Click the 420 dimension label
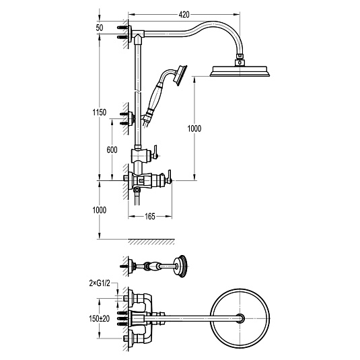184,15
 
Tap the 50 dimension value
100,28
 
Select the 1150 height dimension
100,112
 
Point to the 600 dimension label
112,149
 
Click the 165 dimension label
150,216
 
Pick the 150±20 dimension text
100,319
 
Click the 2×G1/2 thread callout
100,283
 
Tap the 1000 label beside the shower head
194,129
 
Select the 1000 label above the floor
100,210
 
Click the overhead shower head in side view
240,71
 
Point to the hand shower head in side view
180,76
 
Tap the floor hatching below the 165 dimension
151,242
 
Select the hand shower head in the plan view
181,266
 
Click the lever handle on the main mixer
170,177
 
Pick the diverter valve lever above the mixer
155,152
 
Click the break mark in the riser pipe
138,92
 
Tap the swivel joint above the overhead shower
240,60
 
